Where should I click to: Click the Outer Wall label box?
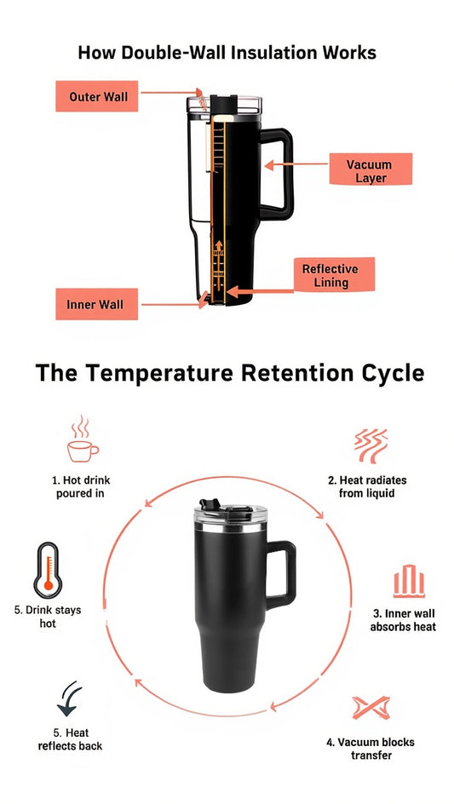[97, 96]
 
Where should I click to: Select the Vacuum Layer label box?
[370, 170]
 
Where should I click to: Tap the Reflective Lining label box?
[330, 275]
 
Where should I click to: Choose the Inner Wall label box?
[95, 304]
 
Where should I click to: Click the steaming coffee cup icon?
[82, 440]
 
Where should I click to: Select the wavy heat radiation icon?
[371, 445]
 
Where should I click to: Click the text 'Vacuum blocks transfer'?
[371, 749]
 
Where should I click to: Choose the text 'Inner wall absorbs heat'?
[402, 620]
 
